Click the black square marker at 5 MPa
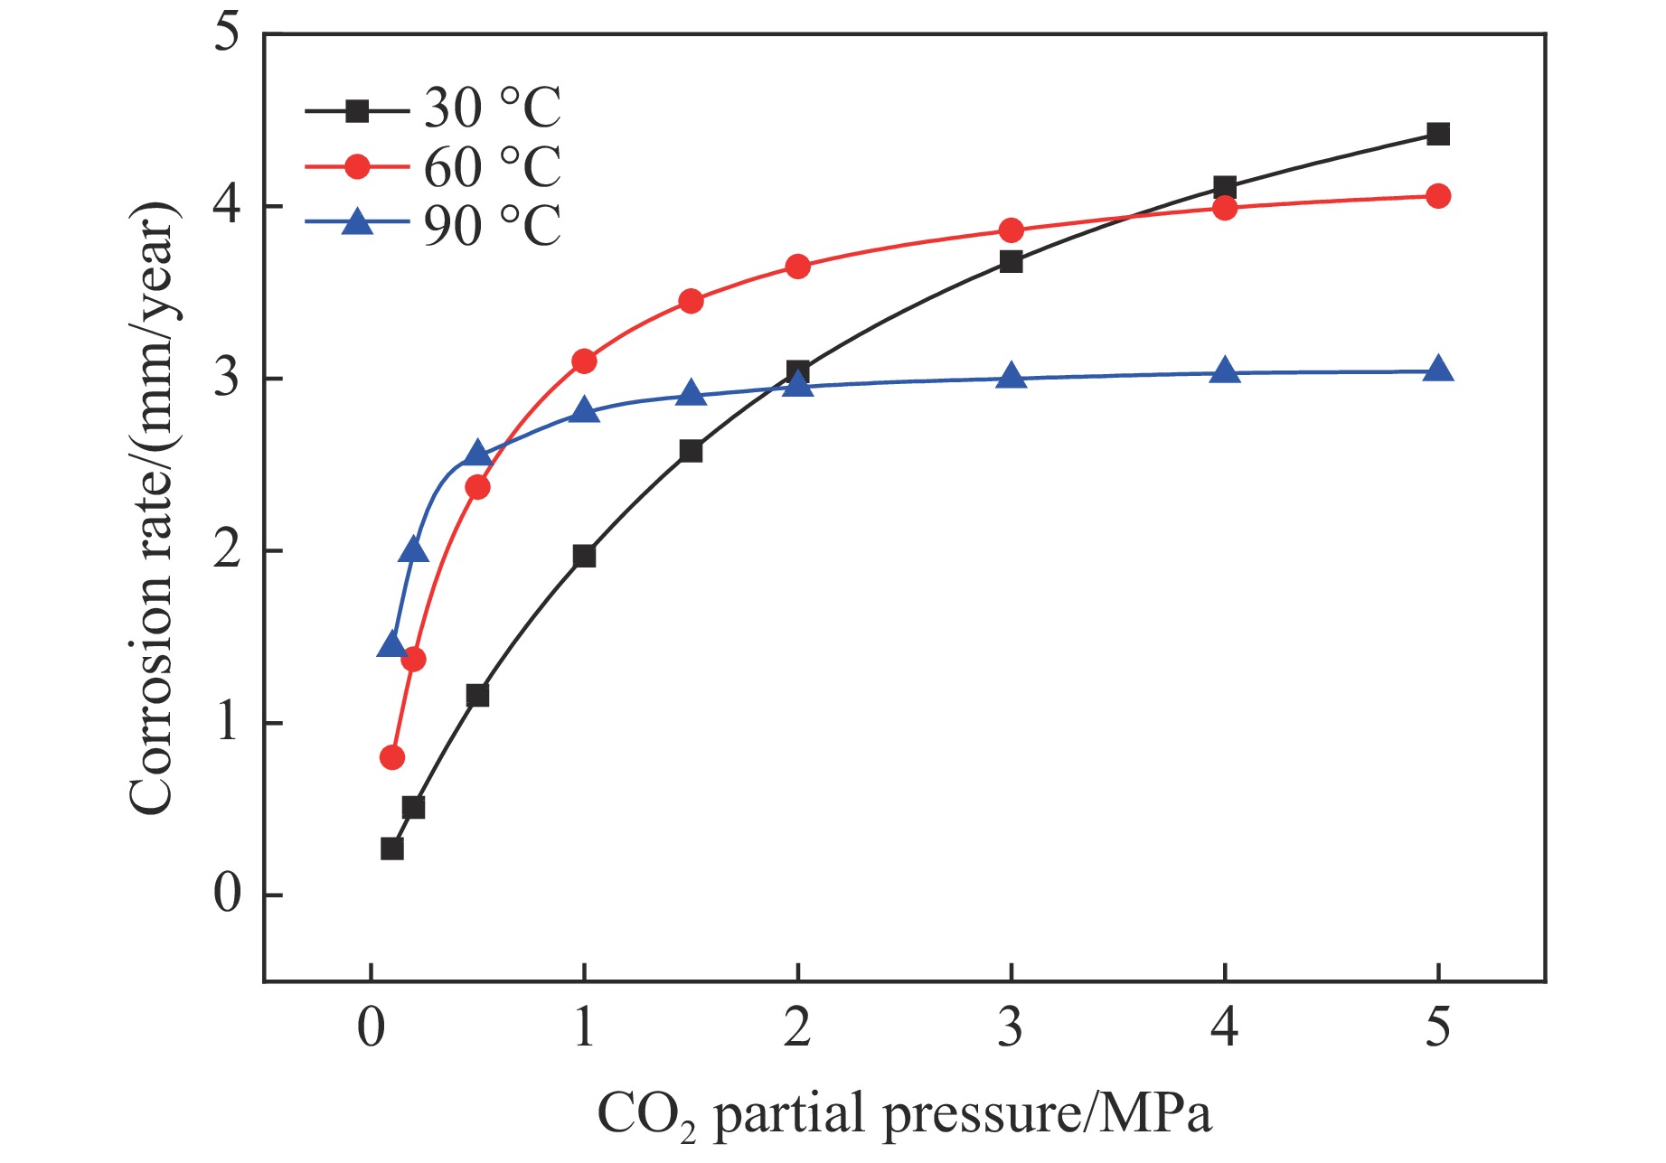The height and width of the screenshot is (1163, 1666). tap(1437, 135)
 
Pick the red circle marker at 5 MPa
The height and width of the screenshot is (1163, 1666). tap(1437, 196)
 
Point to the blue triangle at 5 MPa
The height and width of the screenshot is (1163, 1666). tap(1437, 370)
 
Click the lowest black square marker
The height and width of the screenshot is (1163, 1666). tap(391, 849)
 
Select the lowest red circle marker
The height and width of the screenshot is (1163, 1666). tap(391, 757)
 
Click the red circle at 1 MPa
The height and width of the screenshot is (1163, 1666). tap(584, 361)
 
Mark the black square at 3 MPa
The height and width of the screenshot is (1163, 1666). tap(1011, 262)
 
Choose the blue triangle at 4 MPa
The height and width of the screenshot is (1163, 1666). tap(1224, 370)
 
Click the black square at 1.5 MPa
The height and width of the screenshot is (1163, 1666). tap(691, 451)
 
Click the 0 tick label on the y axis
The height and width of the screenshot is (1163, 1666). tap(227, 894)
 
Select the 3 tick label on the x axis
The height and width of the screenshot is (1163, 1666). tap(1011, 1027)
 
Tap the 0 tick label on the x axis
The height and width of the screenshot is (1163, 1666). tap(371, 1027)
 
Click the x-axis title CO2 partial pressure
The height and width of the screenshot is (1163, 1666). tap(904, 1114)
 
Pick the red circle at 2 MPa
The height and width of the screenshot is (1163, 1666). tap(797, 267)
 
